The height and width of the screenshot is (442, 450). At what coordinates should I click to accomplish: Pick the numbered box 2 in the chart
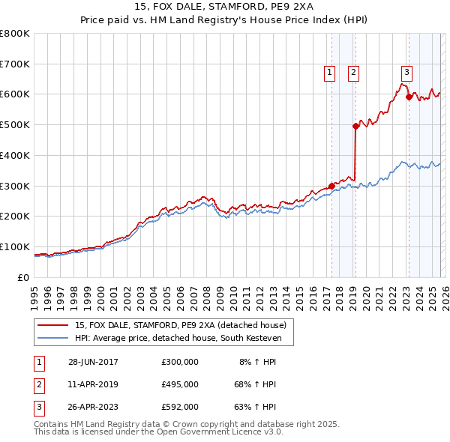[353, 73]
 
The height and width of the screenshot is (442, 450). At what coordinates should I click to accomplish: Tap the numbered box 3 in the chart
[406, 73]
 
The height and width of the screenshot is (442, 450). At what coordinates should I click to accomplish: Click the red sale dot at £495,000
[355, 127]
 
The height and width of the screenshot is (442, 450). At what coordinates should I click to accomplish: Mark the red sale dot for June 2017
[331, 187]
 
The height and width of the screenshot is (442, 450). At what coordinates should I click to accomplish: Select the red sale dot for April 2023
[409, 97]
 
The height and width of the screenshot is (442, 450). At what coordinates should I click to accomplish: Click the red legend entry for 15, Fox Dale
[180, 326]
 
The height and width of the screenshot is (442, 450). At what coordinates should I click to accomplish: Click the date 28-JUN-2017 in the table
[93, 362]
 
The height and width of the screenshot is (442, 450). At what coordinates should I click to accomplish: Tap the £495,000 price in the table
[179, 384]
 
